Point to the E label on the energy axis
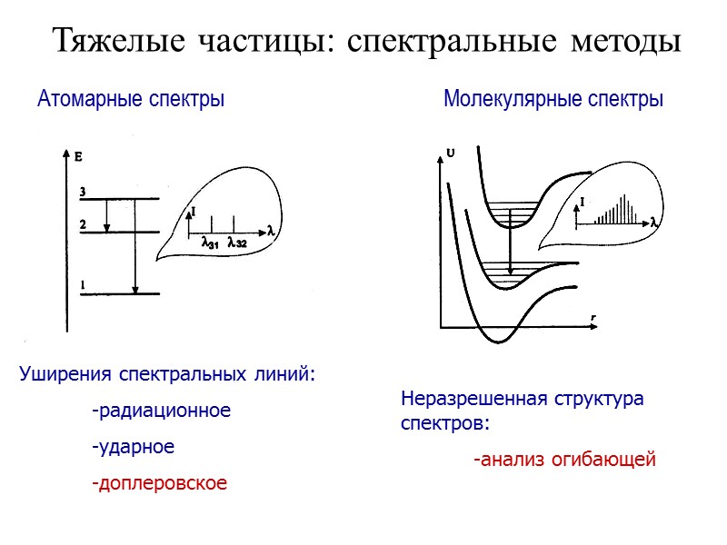tap(78, 157)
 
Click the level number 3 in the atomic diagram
tap(82, 192)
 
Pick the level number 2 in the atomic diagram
tap(82, 224)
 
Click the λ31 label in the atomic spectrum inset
tap(210, 242)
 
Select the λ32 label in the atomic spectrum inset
tap(237, 242)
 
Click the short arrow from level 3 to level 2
tap(107, 215)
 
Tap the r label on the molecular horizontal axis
tap(593, 317)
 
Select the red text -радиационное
tap(161, 411)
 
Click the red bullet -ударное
tap(133, 448)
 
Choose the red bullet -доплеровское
tap(159, 483)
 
